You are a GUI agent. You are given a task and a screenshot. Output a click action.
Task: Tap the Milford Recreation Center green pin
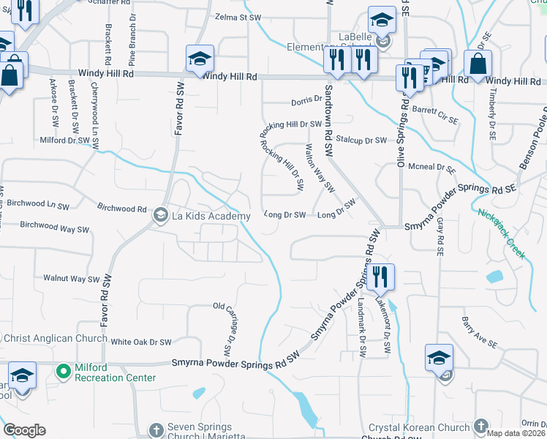click(x=64, y=372)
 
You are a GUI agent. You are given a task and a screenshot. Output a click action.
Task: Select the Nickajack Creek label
click(x=502, y=233)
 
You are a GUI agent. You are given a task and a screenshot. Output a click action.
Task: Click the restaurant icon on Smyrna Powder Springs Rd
click(x=381, y=277)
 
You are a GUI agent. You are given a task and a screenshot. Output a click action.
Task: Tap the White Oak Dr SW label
click(x=141, y=342)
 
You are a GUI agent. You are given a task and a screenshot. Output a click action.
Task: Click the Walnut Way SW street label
click(x=71, y=278)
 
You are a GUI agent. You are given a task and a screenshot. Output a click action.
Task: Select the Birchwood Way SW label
click(x=55, y=228)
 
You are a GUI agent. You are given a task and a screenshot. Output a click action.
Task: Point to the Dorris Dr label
click(x=306, y=99)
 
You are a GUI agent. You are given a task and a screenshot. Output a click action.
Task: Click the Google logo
click(x=24, y=430)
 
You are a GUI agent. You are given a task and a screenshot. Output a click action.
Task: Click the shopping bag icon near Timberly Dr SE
click(x=478, y=64)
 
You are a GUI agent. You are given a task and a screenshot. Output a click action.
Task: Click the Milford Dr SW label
click(x=64, y=140)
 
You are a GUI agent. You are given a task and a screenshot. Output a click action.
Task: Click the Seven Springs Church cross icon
click(x=155, y=429)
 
